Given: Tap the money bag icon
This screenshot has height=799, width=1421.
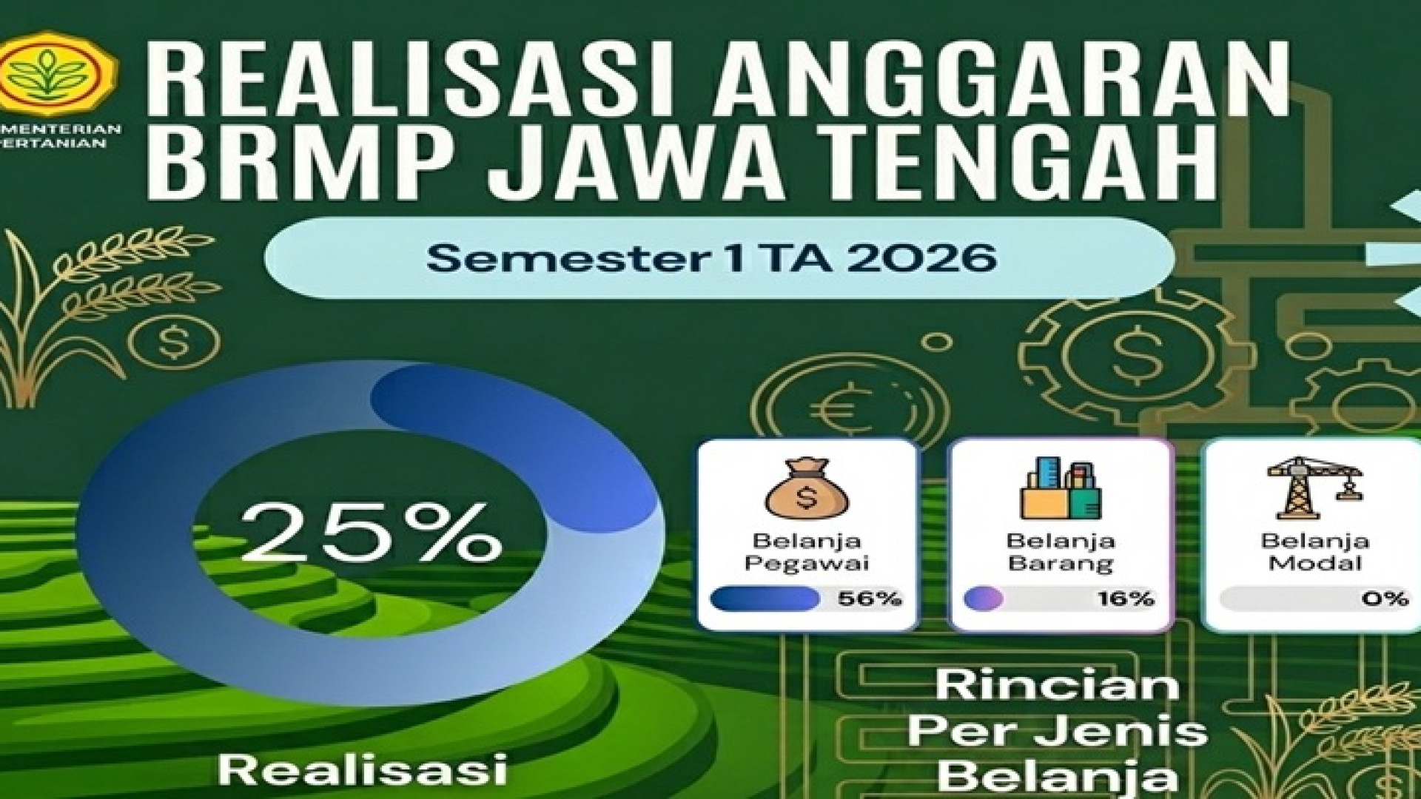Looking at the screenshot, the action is click(807, 488).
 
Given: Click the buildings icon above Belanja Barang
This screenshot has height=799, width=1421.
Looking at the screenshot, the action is click(1060, 488).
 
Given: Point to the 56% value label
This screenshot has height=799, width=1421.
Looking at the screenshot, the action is click(870, 599).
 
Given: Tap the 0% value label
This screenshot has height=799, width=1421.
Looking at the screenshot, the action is click(1384, 599).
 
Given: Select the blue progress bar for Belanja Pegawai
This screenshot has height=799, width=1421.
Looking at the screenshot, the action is click(765, 599).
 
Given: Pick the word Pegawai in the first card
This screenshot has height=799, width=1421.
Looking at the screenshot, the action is click(807, 563).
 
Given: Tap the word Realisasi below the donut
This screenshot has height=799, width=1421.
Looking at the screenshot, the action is click(363, 769).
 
